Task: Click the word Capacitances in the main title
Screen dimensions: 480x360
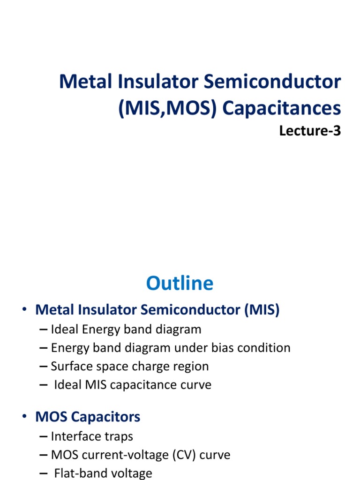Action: click(281, 108)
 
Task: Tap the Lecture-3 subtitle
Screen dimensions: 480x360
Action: click(310, 131)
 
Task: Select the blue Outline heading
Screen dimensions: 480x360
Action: click(180, 283)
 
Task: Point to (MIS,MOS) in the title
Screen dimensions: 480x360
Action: click(166, 108)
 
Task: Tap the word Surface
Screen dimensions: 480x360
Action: click(70, 366)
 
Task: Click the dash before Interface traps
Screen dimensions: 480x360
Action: click(44, 436)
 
